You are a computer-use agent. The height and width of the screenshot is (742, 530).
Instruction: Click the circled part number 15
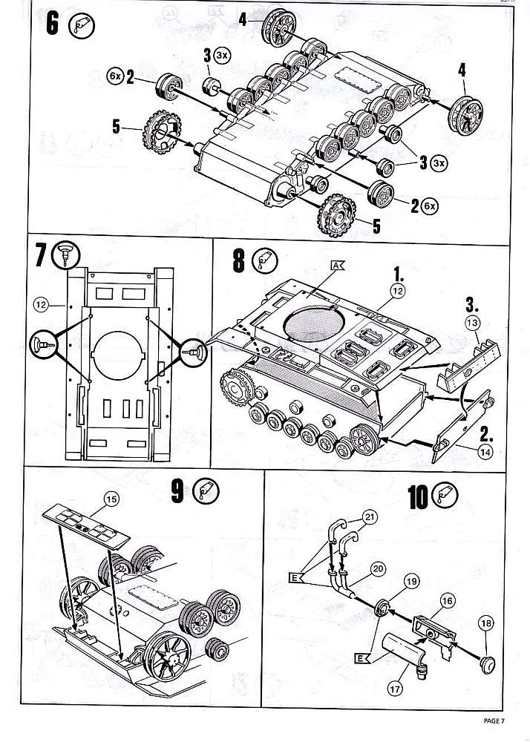click(111, 500)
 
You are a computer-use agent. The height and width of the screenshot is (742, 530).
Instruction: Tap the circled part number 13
click(473, 321)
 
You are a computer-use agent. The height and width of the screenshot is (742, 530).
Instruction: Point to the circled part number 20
click(377, 569)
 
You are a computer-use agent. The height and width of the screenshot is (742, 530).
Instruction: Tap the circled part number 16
click(447, 600)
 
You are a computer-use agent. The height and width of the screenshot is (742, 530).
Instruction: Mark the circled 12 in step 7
click(41, 303)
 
